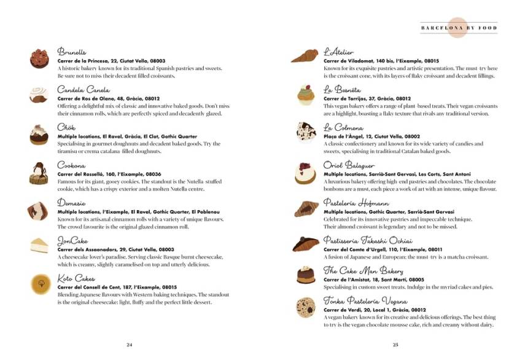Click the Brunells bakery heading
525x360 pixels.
pos(72,52)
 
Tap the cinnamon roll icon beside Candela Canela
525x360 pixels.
pos(39,94)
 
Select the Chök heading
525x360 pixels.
pos(66,127)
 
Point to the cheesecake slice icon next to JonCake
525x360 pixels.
pos(39,245)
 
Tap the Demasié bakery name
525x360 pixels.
pos(72,203)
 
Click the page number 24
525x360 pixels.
pos(130,344)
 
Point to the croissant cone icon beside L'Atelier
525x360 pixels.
pos(305,57)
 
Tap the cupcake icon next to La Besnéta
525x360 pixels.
pos(305,94)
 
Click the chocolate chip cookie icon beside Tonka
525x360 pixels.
pos(305,306)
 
